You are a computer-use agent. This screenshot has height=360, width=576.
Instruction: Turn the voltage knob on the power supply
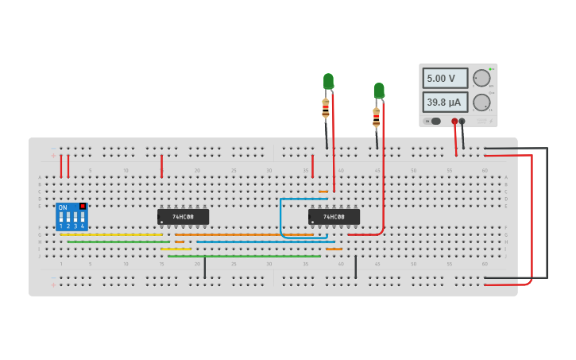coord(481,78)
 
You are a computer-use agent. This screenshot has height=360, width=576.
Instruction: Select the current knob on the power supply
coord(481,103)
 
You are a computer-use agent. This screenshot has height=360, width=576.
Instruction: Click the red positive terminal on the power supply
coord(454,121)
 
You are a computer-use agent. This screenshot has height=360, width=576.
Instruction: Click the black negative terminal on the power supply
coord(462,121)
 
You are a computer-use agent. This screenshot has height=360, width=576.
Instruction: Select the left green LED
coord(328,81)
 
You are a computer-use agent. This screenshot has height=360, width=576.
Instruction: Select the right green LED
coord(379,91)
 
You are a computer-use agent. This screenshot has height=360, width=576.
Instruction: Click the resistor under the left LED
coord(326,108)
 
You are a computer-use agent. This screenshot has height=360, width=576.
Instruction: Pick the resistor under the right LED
coord(376,118)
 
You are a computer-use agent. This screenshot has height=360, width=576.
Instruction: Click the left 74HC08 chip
coord(183,217)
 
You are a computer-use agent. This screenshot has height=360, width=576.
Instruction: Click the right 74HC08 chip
coord(334,217)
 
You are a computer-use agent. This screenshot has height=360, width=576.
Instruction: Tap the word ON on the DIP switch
coord(63,207)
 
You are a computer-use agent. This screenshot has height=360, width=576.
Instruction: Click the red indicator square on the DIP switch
coord(82,206)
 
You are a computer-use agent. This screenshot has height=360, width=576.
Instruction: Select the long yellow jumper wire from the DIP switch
coord(111,234)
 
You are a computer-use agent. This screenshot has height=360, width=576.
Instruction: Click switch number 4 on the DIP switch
coord(82,217)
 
